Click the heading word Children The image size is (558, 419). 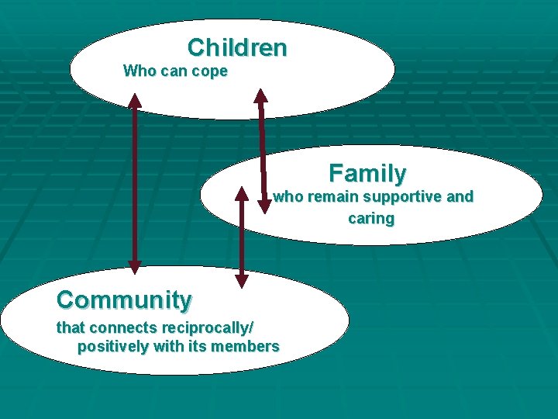pos(236,47)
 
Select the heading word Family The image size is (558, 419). pos(367,172)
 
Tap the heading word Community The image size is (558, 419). pos(124,299)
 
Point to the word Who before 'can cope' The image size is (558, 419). pos(139,71)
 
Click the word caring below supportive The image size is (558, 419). pos(371,219)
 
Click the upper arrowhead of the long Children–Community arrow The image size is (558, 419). pos(135,100)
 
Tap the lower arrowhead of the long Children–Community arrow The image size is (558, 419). pos(135,266)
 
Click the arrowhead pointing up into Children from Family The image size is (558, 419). pos(261,96)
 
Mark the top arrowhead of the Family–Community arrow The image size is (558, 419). pos(242,194)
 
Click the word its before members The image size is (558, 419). pos(201,347)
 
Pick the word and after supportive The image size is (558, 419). pos(460,197)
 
